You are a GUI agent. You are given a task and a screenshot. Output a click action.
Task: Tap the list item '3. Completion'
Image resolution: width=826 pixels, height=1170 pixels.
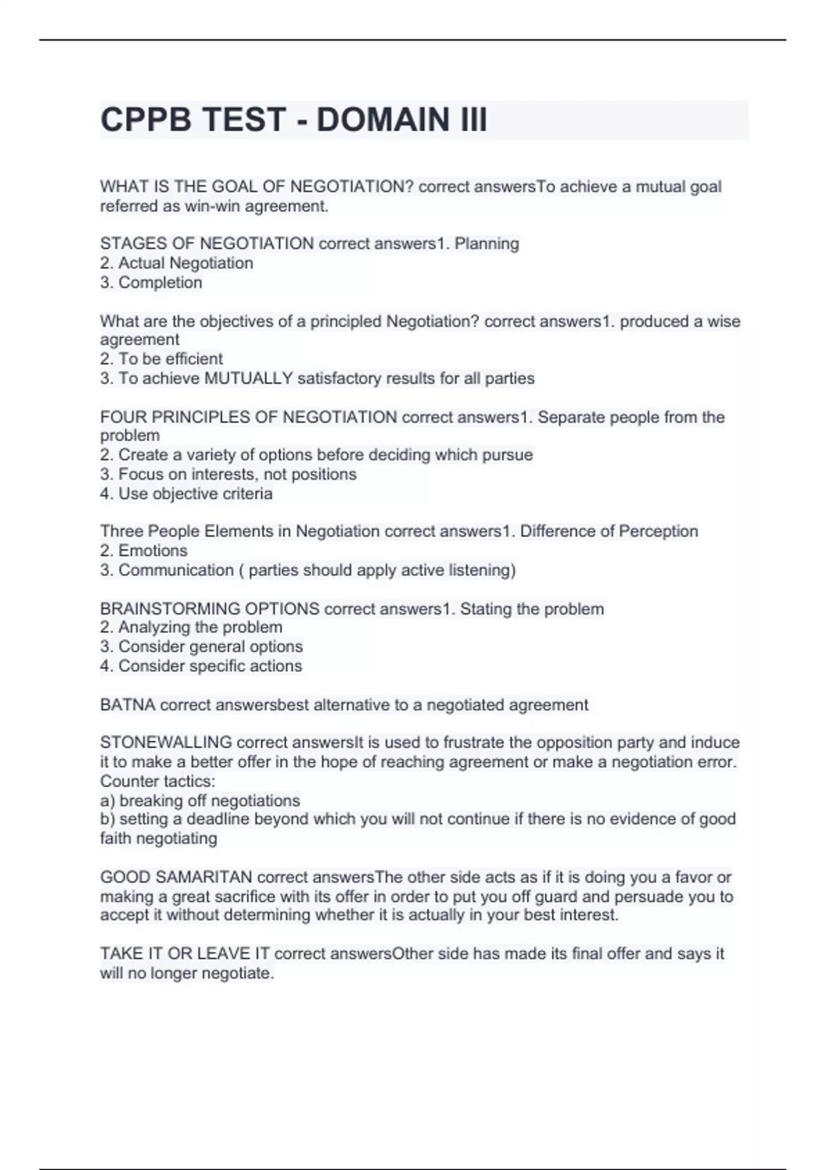pyautogui.click(x=151, y=282)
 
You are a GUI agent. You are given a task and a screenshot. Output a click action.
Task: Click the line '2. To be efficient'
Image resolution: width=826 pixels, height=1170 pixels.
pyautogui.click(x=162, y=359)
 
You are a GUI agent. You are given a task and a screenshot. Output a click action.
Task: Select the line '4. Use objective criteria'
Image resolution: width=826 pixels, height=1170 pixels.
pyautogui.click(x=186, y=493)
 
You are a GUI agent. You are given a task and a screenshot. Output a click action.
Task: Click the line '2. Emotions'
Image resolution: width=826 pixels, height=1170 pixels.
pyautogui.click(x=143, y=551)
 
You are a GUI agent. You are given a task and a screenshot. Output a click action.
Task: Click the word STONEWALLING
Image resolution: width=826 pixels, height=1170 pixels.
pyautogui.click(x=166, y=743)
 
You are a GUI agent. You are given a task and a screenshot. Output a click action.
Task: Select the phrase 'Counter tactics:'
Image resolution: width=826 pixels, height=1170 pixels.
pyautogui.click(x=158, y=781)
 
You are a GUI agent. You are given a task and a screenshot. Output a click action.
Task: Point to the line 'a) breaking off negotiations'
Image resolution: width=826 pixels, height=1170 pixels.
pyautogui.click(x=200, y=800)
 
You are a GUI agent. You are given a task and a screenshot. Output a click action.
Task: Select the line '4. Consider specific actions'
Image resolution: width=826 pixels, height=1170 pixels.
pyautogui.click(x=201, y=666)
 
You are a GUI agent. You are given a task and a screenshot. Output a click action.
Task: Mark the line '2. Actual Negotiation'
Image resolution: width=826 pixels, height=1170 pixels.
pyautogui.click(x=177, y=263)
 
